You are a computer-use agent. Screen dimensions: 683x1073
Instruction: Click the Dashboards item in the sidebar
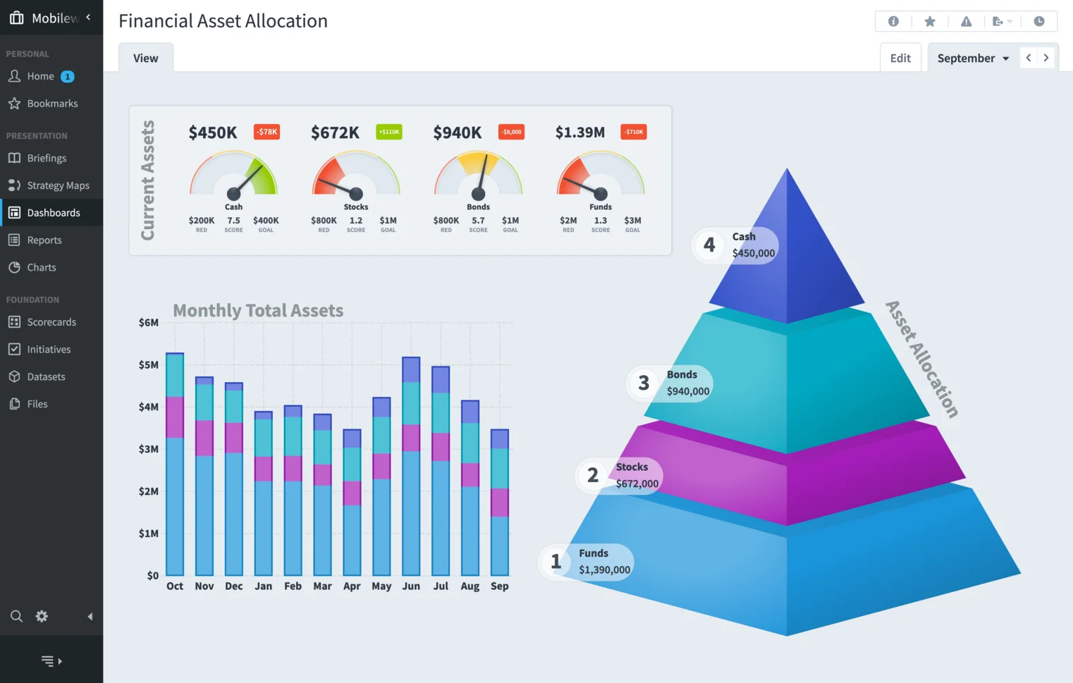[53, 213]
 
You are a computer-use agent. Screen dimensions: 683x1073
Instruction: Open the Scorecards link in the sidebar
[51, 322]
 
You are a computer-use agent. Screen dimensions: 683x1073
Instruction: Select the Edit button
[900, 59]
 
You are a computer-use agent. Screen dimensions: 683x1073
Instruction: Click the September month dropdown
[973, 59]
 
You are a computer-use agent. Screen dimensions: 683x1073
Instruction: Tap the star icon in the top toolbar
[930, 22]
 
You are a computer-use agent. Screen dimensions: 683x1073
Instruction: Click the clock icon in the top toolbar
[1038, 22]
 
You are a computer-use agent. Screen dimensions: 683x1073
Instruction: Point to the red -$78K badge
[266, 132]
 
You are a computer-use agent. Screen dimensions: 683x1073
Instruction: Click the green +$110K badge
[389, 132]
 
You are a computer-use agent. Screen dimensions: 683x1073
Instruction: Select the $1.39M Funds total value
[580, 133]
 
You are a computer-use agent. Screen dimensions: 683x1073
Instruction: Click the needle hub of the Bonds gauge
[478, 194]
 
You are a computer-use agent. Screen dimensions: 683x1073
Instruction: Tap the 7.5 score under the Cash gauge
[233, 221]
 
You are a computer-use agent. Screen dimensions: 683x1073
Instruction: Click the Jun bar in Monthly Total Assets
[411, 465]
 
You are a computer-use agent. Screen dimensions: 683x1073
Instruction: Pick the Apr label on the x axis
[352, 586]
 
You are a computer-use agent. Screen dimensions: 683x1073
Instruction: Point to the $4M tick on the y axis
[148, 407]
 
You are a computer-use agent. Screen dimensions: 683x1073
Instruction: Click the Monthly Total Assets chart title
[258, 311]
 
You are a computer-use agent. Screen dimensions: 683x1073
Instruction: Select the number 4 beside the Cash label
[709, 245]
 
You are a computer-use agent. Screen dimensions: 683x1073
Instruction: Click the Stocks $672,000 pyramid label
[637, 476]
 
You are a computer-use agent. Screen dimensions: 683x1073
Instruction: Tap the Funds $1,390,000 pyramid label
[604, 562]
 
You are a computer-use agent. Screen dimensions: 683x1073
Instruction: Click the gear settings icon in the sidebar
[42, 616]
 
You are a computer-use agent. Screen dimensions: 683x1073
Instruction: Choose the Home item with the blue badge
[41, 76]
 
